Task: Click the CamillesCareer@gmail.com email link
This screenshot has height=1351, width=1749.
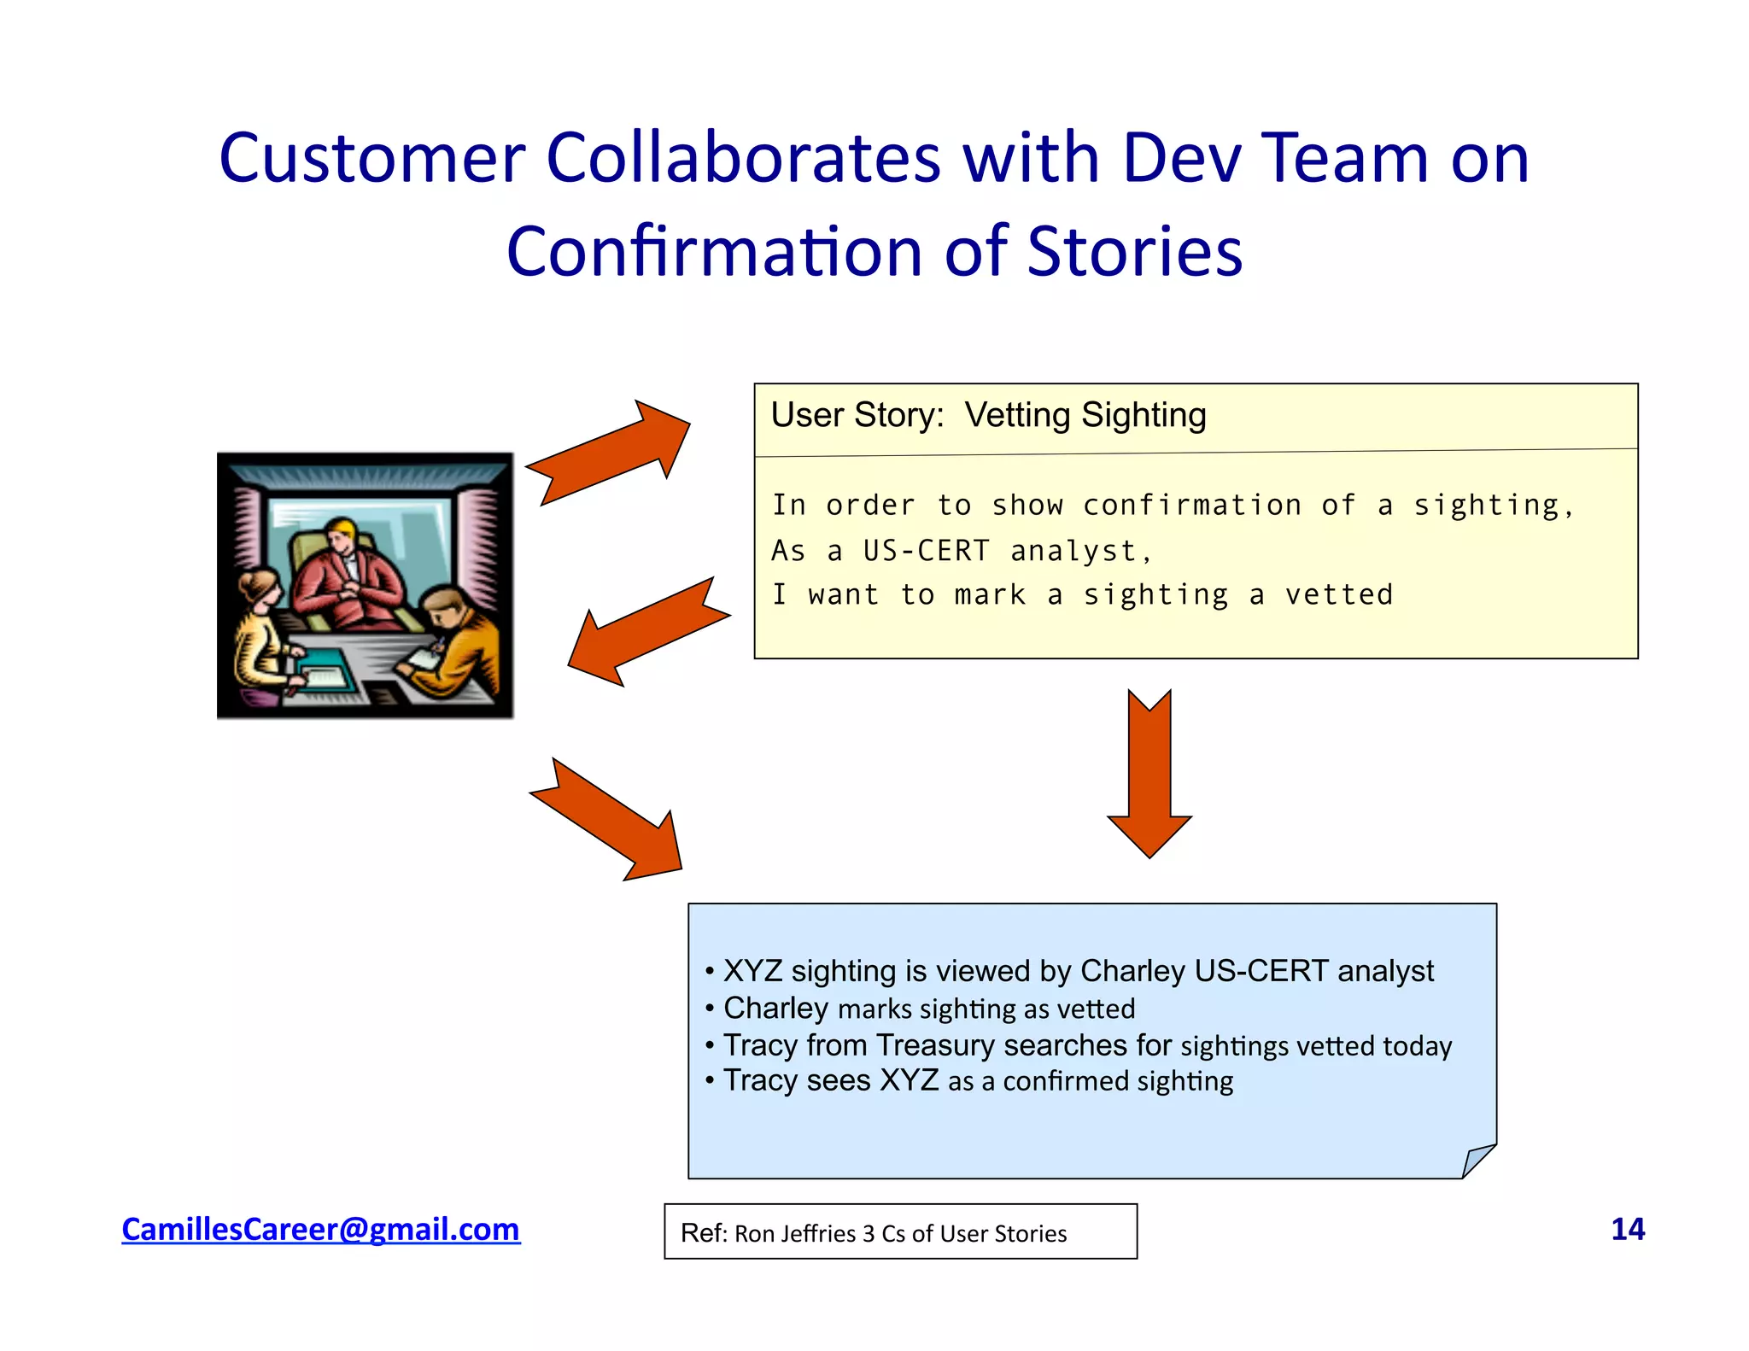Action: click(x=320, y=1229)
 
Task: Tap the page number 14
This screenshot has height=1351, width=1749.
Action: click(x=1627, y=1229)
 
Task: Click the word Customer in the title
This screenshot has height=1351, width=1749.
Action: click(x=371, y=159)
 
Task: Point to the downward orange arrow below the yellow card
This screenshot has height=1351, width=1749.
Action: click(x=1149, y=773)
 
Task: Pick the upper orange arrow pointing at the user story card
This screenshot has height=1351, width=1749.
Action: click(x=611, y=451)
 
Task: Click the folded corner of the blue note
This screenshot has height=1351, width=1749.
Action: click(x=1477, y=1161)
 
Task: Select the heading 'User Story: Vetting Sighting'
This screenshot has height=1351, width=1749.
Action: click(x=988, y=416)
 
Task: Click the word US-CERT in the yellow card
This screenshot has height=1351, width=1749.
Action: click(x=926, y=551)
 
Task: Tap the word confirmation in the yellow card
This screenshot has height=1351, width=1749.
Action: click(x=1192, y=506)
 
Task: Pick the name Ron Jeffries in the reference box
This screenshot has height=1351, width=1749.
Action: click(x=794, y=1234)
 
